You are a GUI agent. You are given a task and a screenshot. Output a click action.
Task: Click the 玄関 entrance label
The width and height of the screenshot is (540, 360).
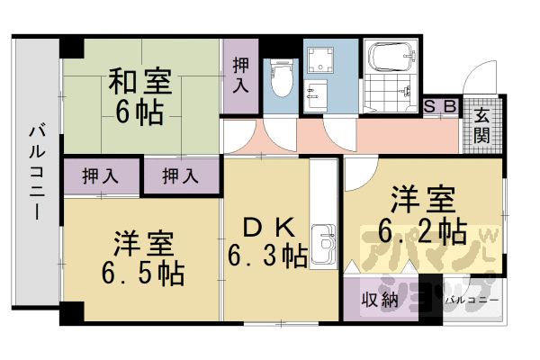(x=481, y=125)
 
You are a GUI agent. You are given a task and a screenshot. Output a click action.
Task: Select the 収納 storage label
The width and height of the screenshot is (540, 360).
(x=379, y=299)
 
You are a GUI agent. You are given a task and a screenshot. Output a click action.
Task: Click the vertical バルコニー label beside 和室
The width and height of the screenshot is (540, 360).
(x=36, y=171)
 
